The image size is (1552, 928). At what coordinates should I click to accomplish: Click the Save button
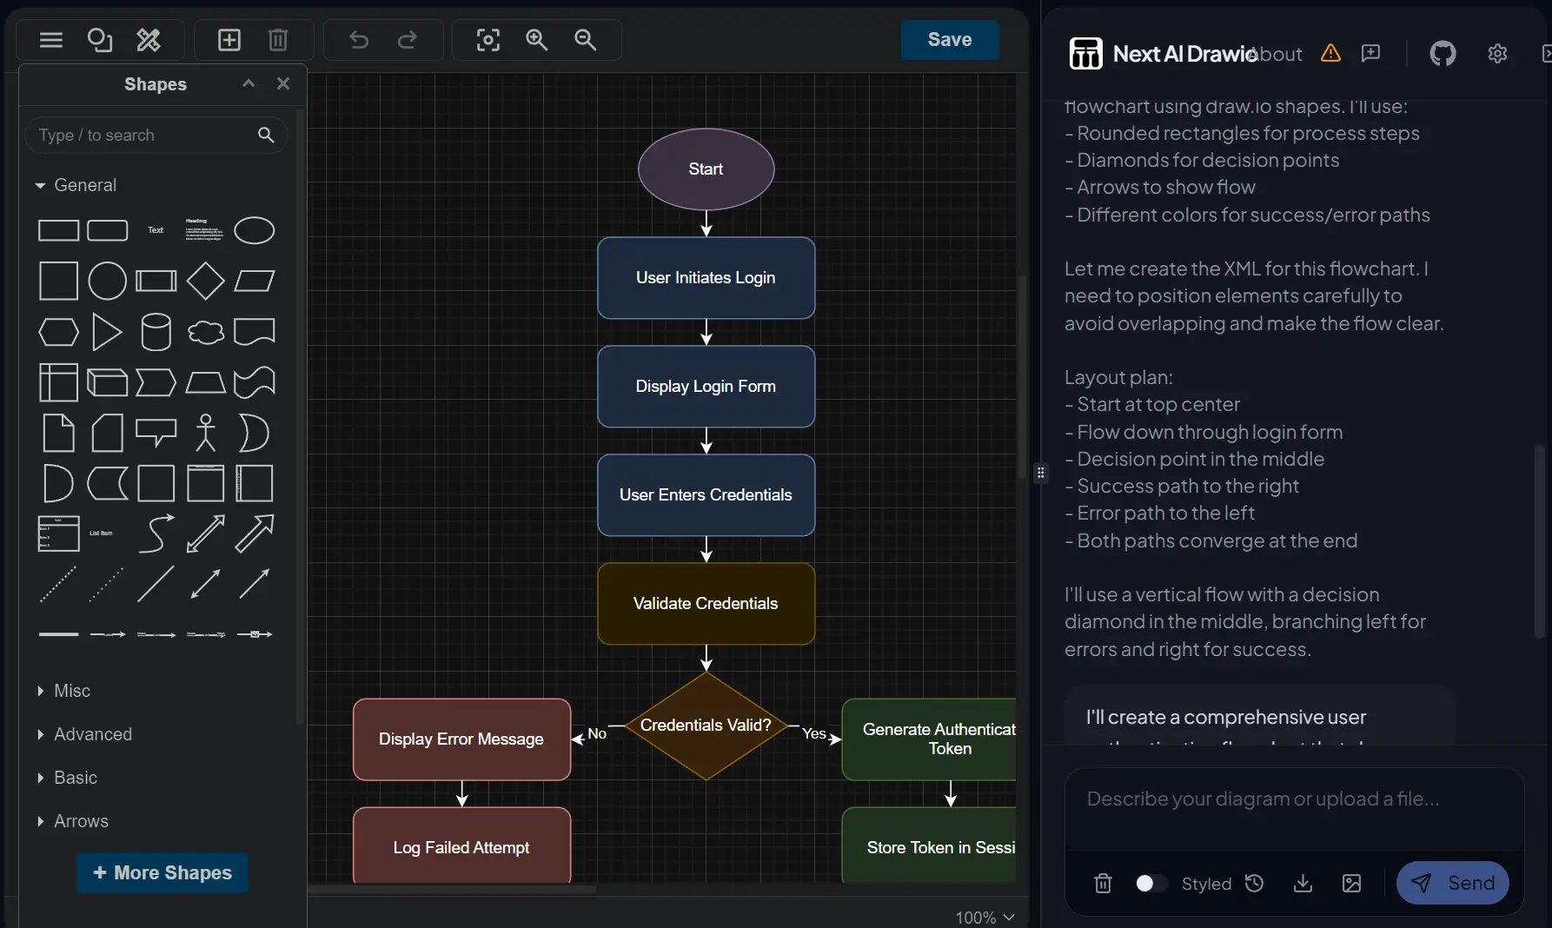[949, 40]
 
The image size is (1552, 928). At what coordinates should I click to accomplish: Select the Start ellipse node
[706, 169]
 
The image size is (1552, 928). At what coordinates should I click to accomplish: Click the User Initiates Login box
[706, 278]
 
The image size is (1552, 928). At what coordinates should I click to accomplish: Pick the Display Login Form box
[706, 387]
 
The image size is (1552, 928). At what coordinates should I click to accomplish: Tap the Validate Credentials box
[706, 604]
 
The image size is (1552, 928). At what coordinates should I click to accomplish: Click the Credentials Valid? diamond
[706, 726]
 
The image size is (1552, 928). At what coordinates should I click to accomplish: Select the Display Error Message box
[461, 739]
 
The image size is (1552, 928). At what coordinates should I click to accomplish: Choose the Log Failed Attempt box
[461, 847]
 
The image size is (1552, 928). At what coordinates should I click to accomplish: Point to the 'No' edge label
[597, 733]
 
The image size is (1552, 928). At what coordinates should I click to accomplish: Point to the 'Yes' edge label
[813, 733]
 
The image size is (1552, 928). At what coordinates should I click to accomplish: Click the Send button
[1452, 883]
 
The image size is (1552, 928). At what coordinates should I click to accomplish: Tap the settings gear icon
[1497, 54]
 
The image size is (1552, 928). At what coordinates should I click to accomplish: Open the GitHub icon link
[1443, 54]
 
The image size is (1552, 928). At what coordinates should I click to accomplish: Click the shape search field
[143, 136]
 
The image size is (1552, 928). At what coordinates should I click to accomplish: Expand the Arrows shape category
[81, 821]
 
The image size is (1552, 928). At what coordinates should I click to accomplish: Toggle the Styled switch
[1151, 884]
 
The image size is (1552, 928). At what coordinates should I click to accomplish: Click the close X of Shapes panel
[283, 83]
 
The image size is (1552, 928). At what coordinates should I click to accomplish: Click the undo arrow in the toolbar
[359, 40]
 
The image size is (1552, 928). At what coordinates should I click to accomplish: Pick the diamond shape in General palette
[205, 281]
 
